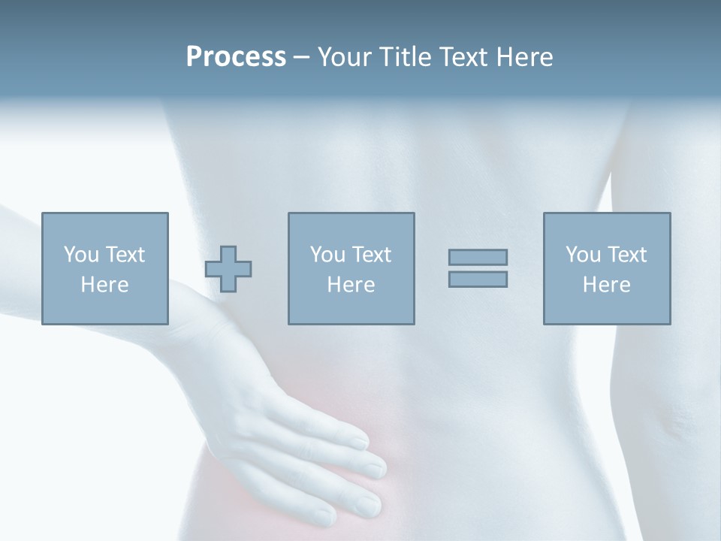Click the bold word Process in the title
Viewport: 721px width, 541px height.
point(236,57)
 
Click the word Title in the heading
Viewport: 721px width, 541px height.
point(406,57)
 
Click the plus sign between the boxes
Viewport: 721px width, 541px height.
point(228,268)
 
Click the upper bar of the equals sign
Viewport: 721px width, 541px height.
point(478,257)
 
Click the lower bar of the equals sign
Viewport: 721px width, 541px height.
point(478,279)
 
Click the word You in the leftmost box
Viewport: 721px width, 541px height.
point(80,255)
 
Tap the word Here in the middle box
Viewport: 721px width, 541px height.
point(351,285)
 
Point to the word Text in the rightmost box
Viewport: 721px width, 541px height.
point(626,255)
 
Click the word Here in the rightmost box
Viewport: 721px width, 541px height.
point(606,285)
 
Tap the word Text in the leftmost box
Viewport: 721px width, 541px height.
point(125,255)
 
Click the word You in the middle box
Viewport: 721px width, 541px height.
point(327,255)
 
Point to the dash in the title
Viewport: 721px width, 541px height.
point(302,57)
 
